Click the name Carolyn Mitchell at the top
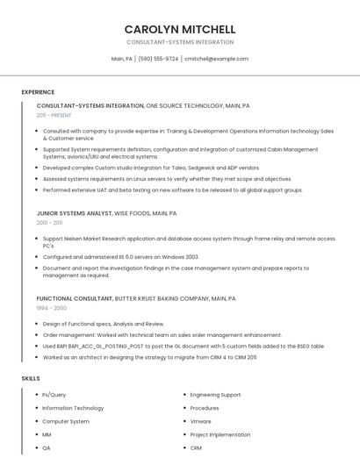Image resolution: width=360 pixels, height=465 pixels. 180,29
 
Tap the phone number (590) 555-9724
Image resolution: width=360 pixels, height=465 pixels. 158,59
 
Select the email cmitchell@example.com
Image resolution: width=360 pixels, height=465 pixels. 216,59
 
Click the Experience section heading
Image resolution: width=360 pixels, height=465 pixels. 38,92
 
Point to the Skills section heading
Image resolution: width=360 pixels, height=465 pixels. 31,378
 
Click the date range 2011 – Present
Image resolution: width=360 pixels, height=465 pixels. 54,115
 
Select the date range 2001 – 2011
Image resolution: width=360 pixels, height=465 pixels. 49,223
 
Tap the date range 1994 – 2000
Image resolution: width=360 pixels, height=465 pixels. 51,308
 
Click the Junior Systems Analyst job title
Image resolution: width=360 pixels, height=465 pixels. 75,213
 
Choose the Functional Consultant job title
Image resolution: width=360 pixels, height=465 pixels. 75,298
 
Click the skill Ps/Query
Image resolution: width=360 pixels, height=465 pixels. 54,395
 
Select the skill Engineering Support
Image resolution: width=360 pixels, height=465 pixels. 215,395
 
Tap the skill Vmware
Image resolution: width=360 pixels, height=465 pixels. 201,421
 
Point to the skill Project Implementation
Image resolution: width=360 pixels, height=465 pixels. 220,434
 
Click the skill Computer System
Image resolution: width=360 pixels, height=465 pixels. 66,421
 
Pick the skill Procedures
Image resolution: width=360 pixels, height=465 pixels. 205,408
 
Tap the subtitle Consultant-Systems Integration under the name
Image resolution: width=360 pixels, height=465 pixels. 180,42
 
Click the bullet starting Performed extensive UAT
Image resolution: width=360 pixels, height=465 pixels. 172,190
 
